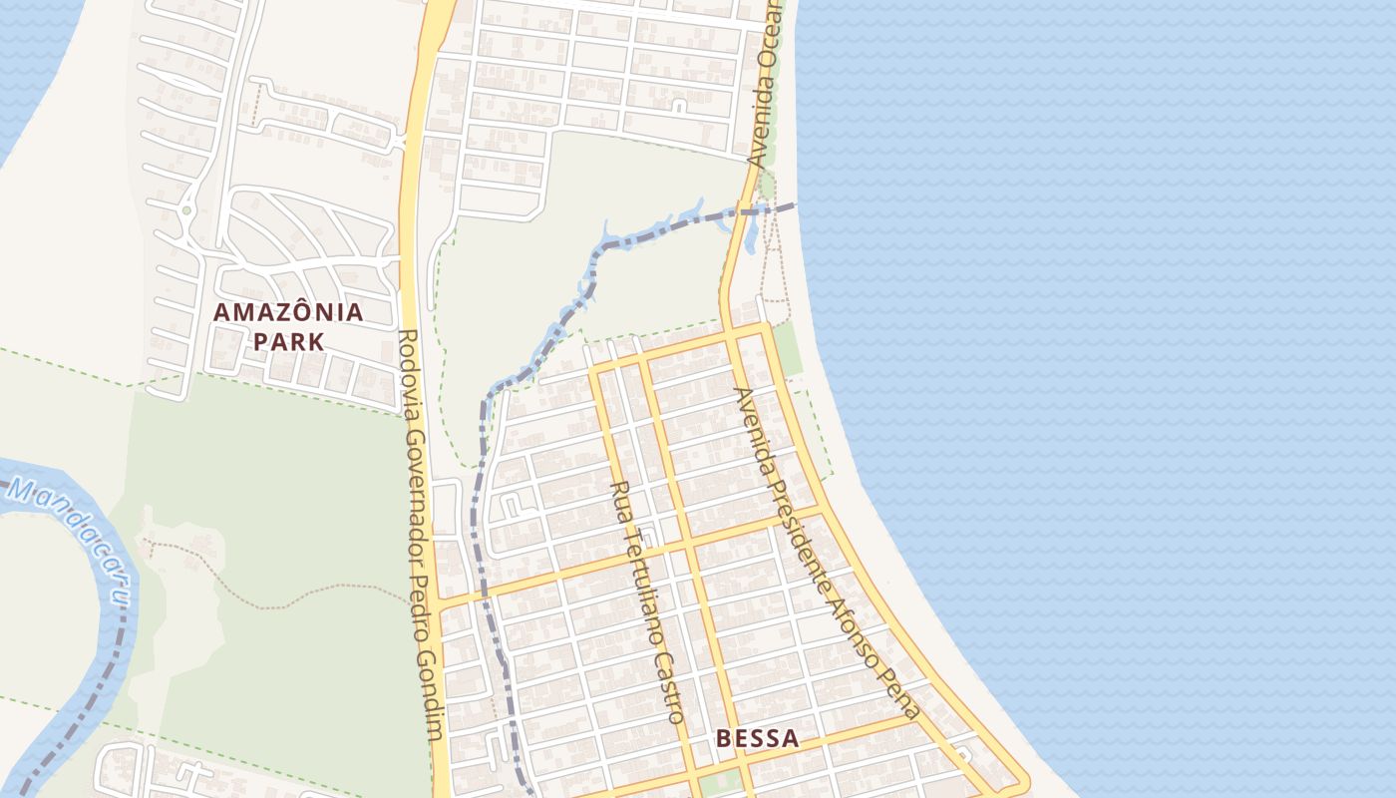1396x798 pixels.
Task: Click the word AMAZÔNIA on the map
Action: pos(288,312)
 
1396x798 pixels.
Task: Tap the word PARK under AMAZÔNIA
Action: pos(288,342)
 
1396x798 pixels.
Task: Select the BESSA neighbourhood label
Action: pos(758,739)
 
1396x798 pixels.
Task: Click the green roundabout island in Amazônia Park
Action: pos(185,210)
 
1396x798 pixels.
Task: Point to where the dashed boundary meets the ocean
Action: pos(796,205)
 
